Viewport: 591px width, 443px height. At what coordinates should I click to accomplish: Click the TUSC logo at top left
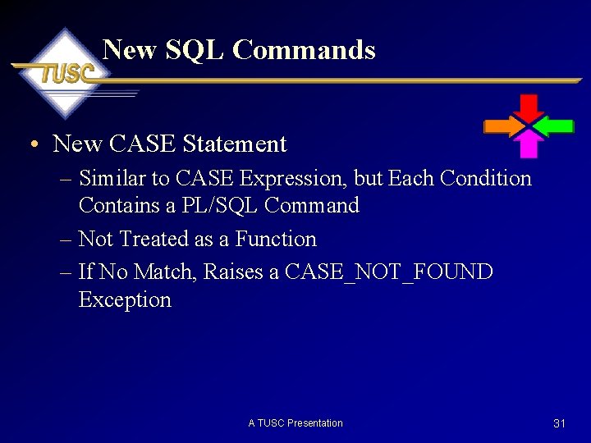coord(64,73)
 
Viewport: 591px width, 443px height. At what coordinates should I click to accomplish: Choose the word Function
coord(276,239)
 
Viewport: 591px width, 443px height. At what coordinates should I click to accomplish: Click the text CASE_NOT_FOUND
coord(388,272)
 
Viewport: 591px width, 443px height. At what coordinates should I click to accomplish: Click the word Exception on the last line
coord(125,299)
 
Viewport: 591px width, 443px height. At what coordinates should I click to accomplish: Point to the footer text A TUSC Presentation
coord(295,423)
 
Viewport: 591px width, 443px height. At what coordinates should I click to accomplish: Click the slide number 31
coord(560,423)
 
